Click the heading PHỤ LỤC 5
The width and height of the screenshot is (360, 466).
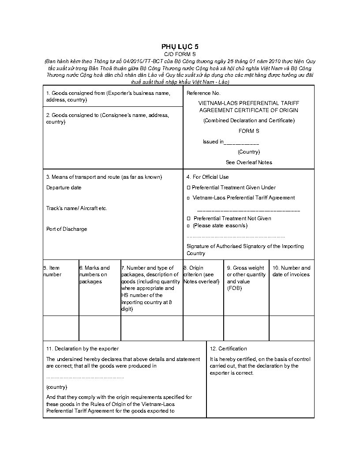[x=180, y=46]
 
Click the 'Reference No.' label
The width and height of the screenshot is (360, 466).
[x=203, y=93]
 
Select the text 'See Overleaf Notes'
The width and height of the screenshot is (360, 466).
[x=249, y=162]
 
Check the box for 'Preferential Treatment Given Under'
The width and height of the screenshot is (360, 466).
[x=188, y=188]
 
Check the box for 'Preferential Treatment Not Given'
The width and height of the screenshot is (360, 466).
[x=188, y=218]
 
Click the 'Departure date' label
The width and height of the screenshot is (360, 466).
[x=64, y=188]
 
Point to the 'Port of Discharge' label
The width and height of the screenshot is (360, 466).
[x=67, y=229]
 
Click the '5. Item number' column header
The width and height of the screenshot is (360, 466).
[x=52, y=271]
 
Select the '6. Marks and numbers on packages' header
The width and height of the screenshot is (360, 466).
[x=95, y=274]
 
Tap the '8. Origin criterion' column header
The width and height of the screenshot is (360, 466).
[x=201, y=274]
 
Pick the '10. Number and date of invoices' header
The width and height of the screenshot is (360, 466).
[x=291, y=271]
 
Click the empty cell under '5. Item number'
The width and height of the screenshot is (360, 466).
[x=61, y=328]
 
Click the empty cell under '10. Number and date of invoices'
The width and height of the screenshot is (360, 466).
[x=292, y=328]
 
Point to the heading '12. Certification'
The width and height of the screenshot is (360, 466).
[x=229, y=349]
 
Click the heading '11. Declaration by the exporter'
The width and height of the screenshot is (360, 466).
[x=82, y=349]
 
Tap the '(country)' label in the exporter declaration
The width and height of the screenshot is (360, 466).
[x=57, y=387]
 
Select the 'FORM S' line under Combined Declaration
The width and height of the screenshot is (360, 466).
[x=249, y=131]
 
